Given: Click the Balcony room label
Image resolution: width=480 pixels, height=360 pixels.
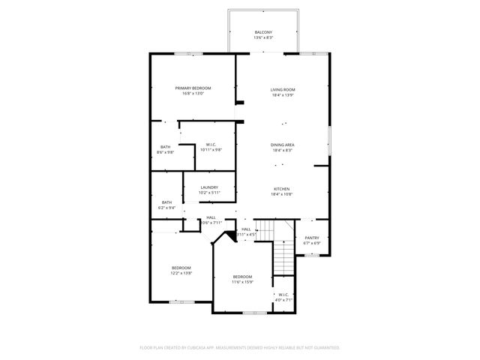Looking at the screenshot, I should click(263, 32).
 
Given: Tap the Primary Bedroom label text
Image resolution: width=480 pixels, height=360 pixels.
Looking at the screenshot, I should click(193, 88).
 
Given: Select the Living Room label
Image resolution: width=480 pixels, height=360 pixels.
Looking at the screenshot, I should click(283, 90).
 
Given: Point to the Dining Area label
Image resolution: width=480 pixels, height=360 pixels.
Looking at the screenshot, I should click(283, 145).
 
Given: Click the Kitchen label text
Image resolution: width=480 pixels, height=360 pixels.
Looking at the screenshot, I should click(281, 189).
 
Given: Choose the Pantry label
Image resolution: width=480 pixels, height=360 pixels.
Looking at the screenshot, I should click(311, 238).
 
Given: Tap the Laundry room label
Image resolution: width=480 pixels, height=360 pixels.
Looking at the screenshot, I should click(208, 187).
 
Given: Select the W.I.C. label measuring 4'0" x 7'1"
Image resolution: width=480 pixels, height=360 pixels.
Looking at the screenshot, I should click(283, 294).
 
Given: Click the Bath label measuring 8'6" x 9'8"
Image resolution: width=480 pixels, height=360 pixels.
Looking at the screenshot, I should click(165, 147).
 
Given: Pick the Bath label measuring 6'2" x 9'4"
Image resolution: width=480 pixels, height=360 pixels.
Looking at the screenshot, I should click(166, 202).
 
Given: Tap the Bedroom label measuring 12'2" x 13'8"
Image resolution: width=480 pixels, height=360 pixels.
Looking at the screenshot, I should click(181, 268).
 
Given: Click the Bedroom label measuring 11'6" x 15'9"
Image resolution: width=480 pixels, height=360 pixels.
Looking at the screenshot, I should click(241, 276).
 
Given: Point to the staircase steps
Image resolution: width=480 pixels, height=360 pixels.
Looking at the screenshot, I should click(283, 259).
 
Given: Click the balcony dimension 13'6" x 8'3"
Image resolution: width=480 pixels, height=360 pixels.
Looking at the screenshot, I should click(263, 37).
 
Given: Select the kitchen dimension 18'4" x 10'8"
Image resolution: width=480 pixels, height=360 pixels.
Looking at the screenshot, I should click(281, 194).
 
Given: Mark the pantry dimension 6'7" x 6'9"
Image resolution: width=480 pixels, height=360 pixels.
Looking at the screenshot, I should click(311, 243).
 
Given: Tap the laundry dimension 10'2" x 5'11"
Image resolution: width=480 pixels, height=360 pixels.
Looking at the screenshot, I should click(208, 193).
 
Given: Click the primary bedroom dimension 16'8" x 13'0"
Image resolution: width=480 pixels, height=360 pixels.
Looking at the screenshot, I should click(193, 94).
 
